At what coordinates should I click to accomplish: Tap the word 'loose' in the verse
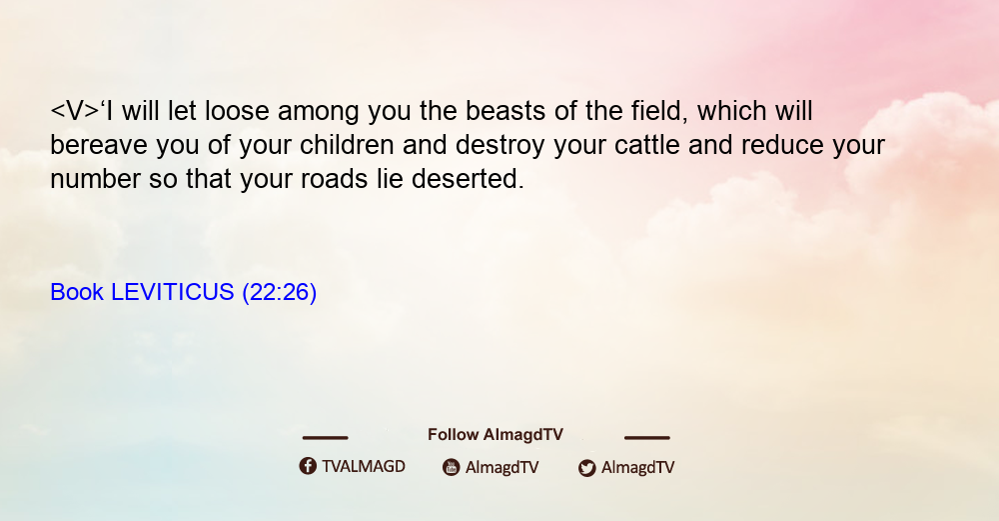coord(237,111)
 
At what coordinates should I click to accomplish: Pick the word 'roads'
coord(335,179)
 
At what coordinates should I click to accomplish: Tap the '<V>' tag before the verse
coord(75,111)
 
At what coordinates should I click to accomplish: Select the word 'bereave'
coord(99,145)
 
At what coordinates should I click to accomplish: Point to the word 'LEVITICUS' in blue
coord(173,292)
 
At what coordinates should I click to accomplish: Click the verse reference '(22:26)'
coord(279,293)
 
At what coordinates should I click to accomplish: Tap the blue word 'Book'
coord(77,292)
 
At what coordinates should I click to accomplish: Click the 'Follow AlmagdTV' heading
coord(496,435)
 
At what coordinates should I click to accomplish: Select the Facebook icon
coord(308,466)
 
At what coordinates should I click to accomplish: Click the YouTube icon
coord(452,467)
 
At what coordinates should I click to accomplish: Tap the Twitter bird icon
coord(587,468)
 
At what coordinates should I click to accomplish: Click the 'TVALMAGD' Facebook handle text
coord(364,467)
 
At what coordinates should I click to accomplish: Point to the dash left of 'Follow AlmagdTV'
coord(325,437)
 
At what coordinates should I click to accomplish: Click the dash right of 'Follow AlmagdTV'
coord(647,437)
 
